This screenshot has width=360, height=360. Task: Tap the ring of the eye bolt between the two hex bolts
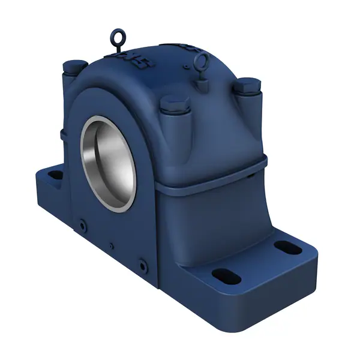click(x=202, y=60)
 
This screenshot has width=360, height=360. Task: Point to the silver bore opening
click(x=109, y=162)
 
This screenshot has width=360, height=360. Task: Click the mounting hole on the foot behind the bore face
click(x=55, y=176)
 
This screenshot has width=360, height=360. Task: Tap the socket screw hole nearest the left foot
click(x=82, y=225)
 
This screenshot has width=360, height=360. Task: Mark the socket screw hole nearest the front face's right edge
click(x=142, y=263)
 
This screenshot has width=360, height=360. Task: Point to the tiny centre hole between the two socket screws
click(x=111, y=244)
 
